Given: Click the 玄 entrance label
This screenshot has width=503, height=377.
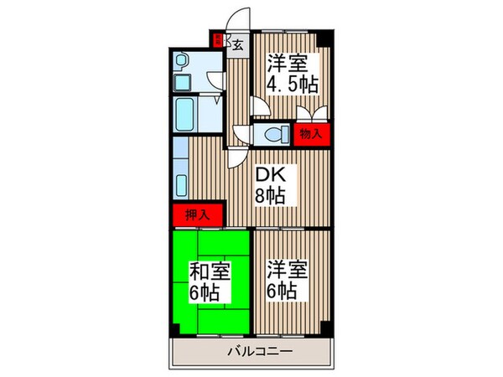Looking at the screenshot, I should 238,44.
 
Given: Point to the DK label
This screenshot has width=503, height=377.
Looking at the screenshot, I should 270,174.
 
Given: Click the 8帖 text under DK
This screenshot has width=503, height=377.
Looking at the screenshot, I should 270,196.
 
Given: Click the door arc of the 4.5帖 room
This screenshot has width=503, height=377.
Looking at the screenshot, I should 260,107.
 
